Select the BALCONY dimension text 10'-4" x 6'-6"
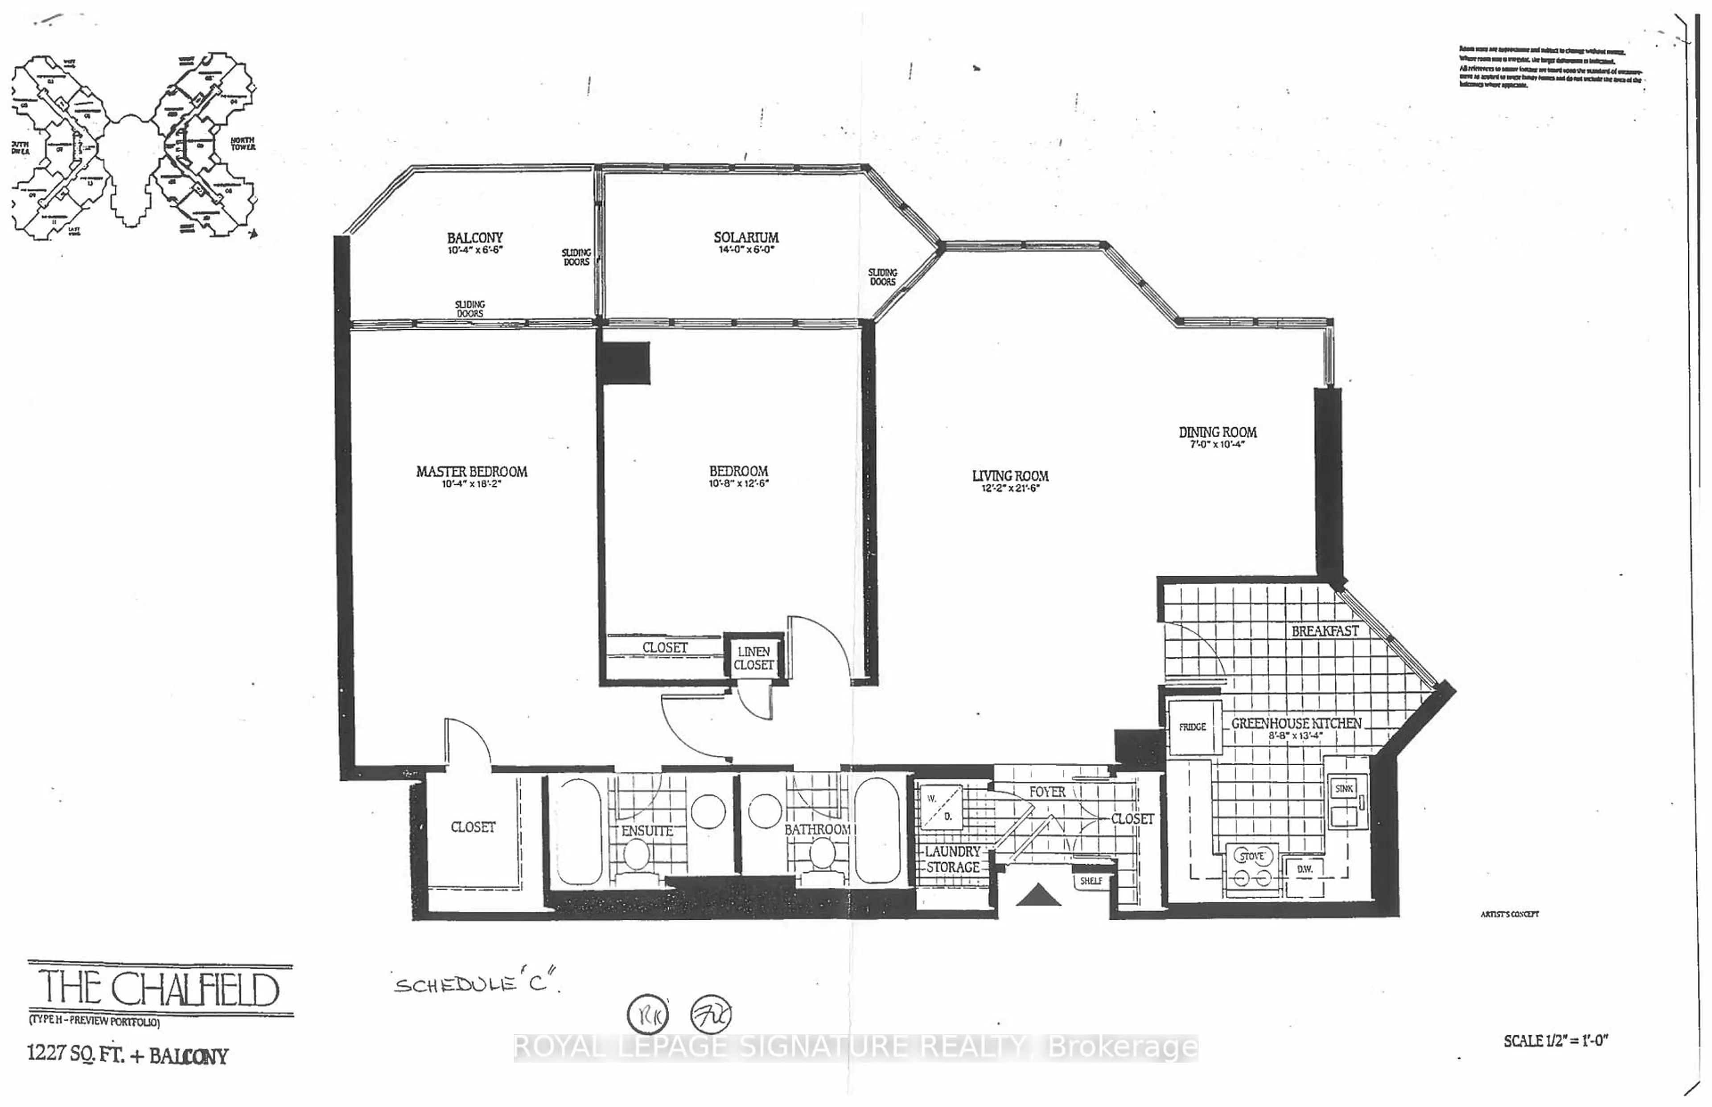(x=474, y=250)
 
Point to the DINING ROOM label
(x=1217, y=432)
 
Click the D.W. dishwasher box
(x=1305, y=869)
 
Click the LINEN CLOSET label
(x=753, y=658)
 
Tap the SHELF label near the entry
(x=1091, y=881)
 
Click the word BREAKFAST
(x=1325, y=631)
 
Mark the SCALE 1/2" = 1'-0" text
(x=1555, y=1040)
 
